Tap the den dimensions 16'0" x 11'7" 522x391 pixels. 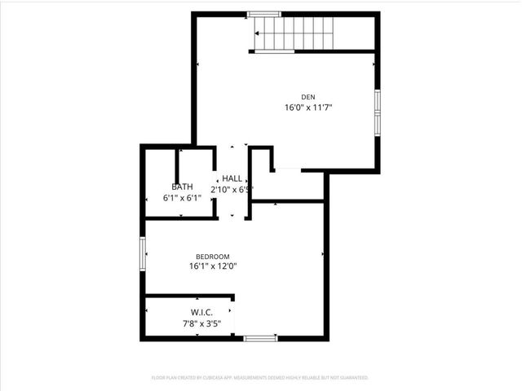click(307, 108)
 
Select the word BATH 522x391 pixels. click(182, 187)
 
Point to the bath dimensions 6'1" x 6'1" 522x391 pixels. click(182, 197)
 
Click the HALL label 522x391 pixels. click(232, 178)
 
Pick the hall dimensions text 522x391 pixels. click(232, 190)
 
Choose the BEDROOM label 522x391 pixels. click(212, 256)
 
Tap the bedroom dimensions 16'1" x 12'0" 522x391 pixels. click(212, 266)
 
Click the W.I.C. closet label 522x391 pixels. click(201, 312)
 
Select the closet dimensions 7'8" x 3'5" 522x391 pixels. click(201, 323)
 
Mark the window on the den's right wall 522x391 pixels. click(377, 112)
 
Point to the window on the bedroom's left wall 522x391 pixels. click(143, 251)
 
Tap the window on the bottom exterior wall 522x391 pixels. click(260, 338)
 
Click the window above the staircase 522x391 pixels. click(263, 14)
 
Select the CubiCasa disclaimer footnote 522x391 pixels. click(260, 378)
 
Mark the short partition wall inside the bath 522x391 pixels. click(179, 160)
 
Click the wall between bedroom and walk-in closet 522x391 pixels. click(189, 296)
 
